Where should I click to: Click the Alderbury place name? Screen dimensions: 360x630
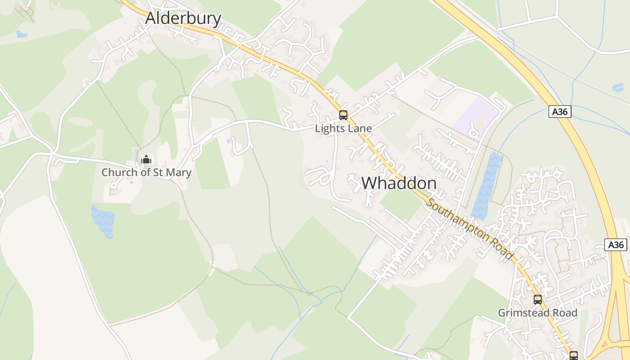click(x=183, y=18)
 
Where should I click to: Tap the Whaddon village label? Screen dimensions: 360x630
click(x=399, y=183)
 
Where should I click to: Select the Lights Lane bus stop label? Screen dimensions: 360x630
click(x=343, y=128)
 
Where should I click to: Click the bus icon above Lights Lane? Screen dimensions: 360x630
click(x=343, y=115)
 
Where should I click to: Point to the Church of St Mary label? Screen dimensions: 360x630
click(x=146, y=172)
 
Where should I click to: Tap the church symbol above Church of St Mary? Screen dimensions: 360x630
click(x=146, y=159)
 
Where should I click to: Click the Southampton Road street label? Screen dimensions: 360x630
click(x=470, y=229)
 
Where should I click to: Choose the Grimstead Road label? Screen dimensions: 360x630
click(x=537, y=313)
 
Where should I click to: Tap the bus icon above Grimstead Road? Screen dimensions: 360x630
click(x=537, y=300)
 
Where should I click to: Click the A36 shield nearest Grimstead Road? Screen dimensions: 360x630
click(x=616, y=245)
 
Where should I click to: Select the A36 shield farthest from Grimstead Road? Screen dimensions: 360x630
click(x=560, y=112)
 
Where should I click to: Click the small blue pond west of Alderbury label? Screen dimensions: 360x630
click(x=21, y=34)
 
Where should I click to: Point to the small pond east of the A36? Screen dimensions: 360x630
click(x=618, y=87)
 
